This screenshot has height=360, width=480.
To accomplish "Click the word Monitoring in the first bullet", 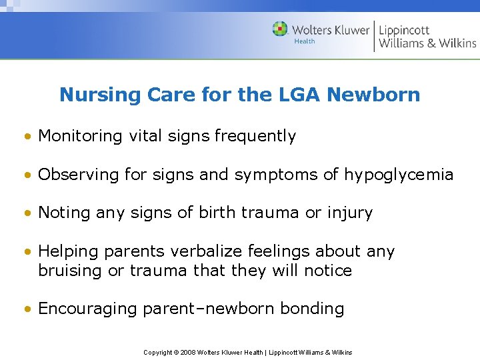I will point(80,136).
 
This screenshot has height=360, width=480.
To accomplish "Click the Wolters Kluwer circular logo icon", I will point(281,29).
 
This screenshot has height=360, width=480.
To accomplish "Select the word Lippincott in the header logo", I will point(404,29).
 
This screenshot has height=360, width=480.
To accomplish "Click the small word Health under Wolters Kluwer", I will point(304,41).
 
